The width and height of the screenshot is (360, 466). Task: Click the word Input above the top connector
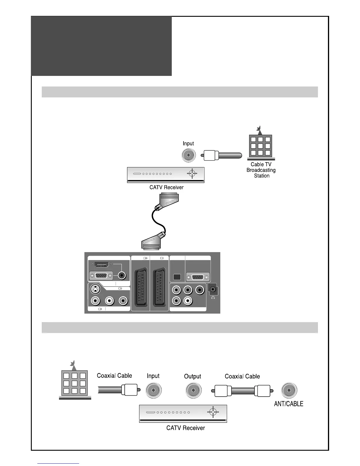point(188,144)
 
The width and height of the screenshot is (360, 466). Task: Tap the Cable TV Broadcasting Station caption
point(261,170)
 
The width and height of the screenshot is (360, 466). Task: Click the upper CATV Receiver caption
point(166,187)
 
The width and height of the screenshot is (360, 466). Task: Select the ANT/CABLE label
point(289,404)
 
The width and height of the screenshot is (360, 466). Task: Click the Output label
point(193,376)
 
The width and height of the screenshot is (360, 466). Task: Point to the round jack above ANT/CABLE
point(289,390)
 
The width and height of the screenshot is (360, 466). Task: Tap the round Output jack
point(193,391)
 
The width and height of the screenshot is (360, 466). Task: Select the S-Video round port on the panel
point(95,289)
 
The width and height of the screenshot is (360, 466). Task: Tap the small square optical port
point(177,277)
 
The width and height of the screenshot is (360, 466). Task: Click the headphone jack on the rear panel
point(213,289)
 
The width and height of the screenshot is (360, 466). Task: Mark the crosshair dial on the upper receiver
point(192,174)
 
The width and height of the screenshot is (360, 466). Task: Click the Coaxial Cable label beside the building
point(114,376)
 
